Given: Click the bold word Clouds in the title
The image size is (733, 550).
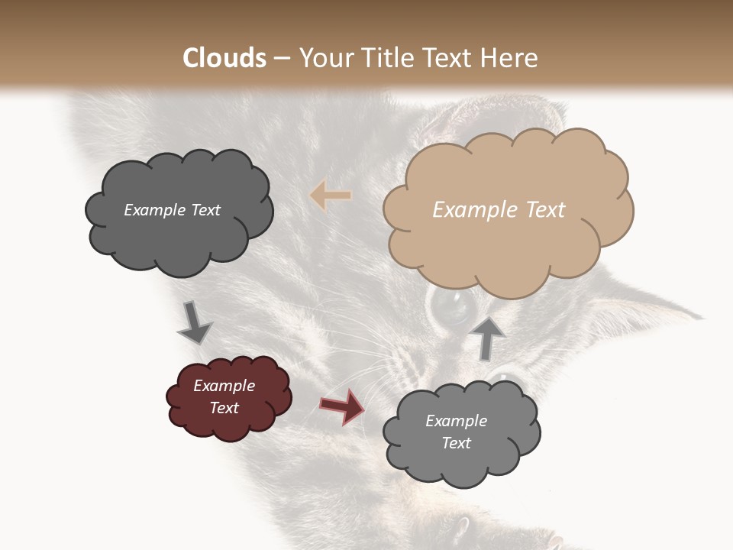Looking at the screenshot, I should pyautogui.click(x=225, y=58).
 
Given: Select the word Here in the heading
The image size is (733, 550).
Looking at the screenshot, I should pyautogui.click(x=510, y=58).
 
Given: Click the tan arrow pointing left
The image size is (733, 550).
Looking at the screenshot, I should pyautogui.click(x=331, y=196).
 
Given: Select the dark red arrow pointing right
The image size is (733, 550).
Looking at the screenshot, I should pyautogui.click(x=342, y=406).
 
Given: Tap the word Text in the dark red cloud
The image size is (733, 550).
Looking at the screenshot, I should pyautogui.click(x=224, y=408).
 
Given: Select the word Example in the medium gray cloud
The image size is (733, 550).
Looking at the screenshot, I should pyautogui.click(x=456, y=421).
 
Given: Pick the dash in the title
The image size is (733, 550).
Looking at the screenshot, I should pyautogui.click(x=281, y=58).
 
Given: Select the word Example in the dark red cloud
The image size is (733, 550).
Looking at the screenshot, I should pyautogui.click(x=224, y=386).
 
